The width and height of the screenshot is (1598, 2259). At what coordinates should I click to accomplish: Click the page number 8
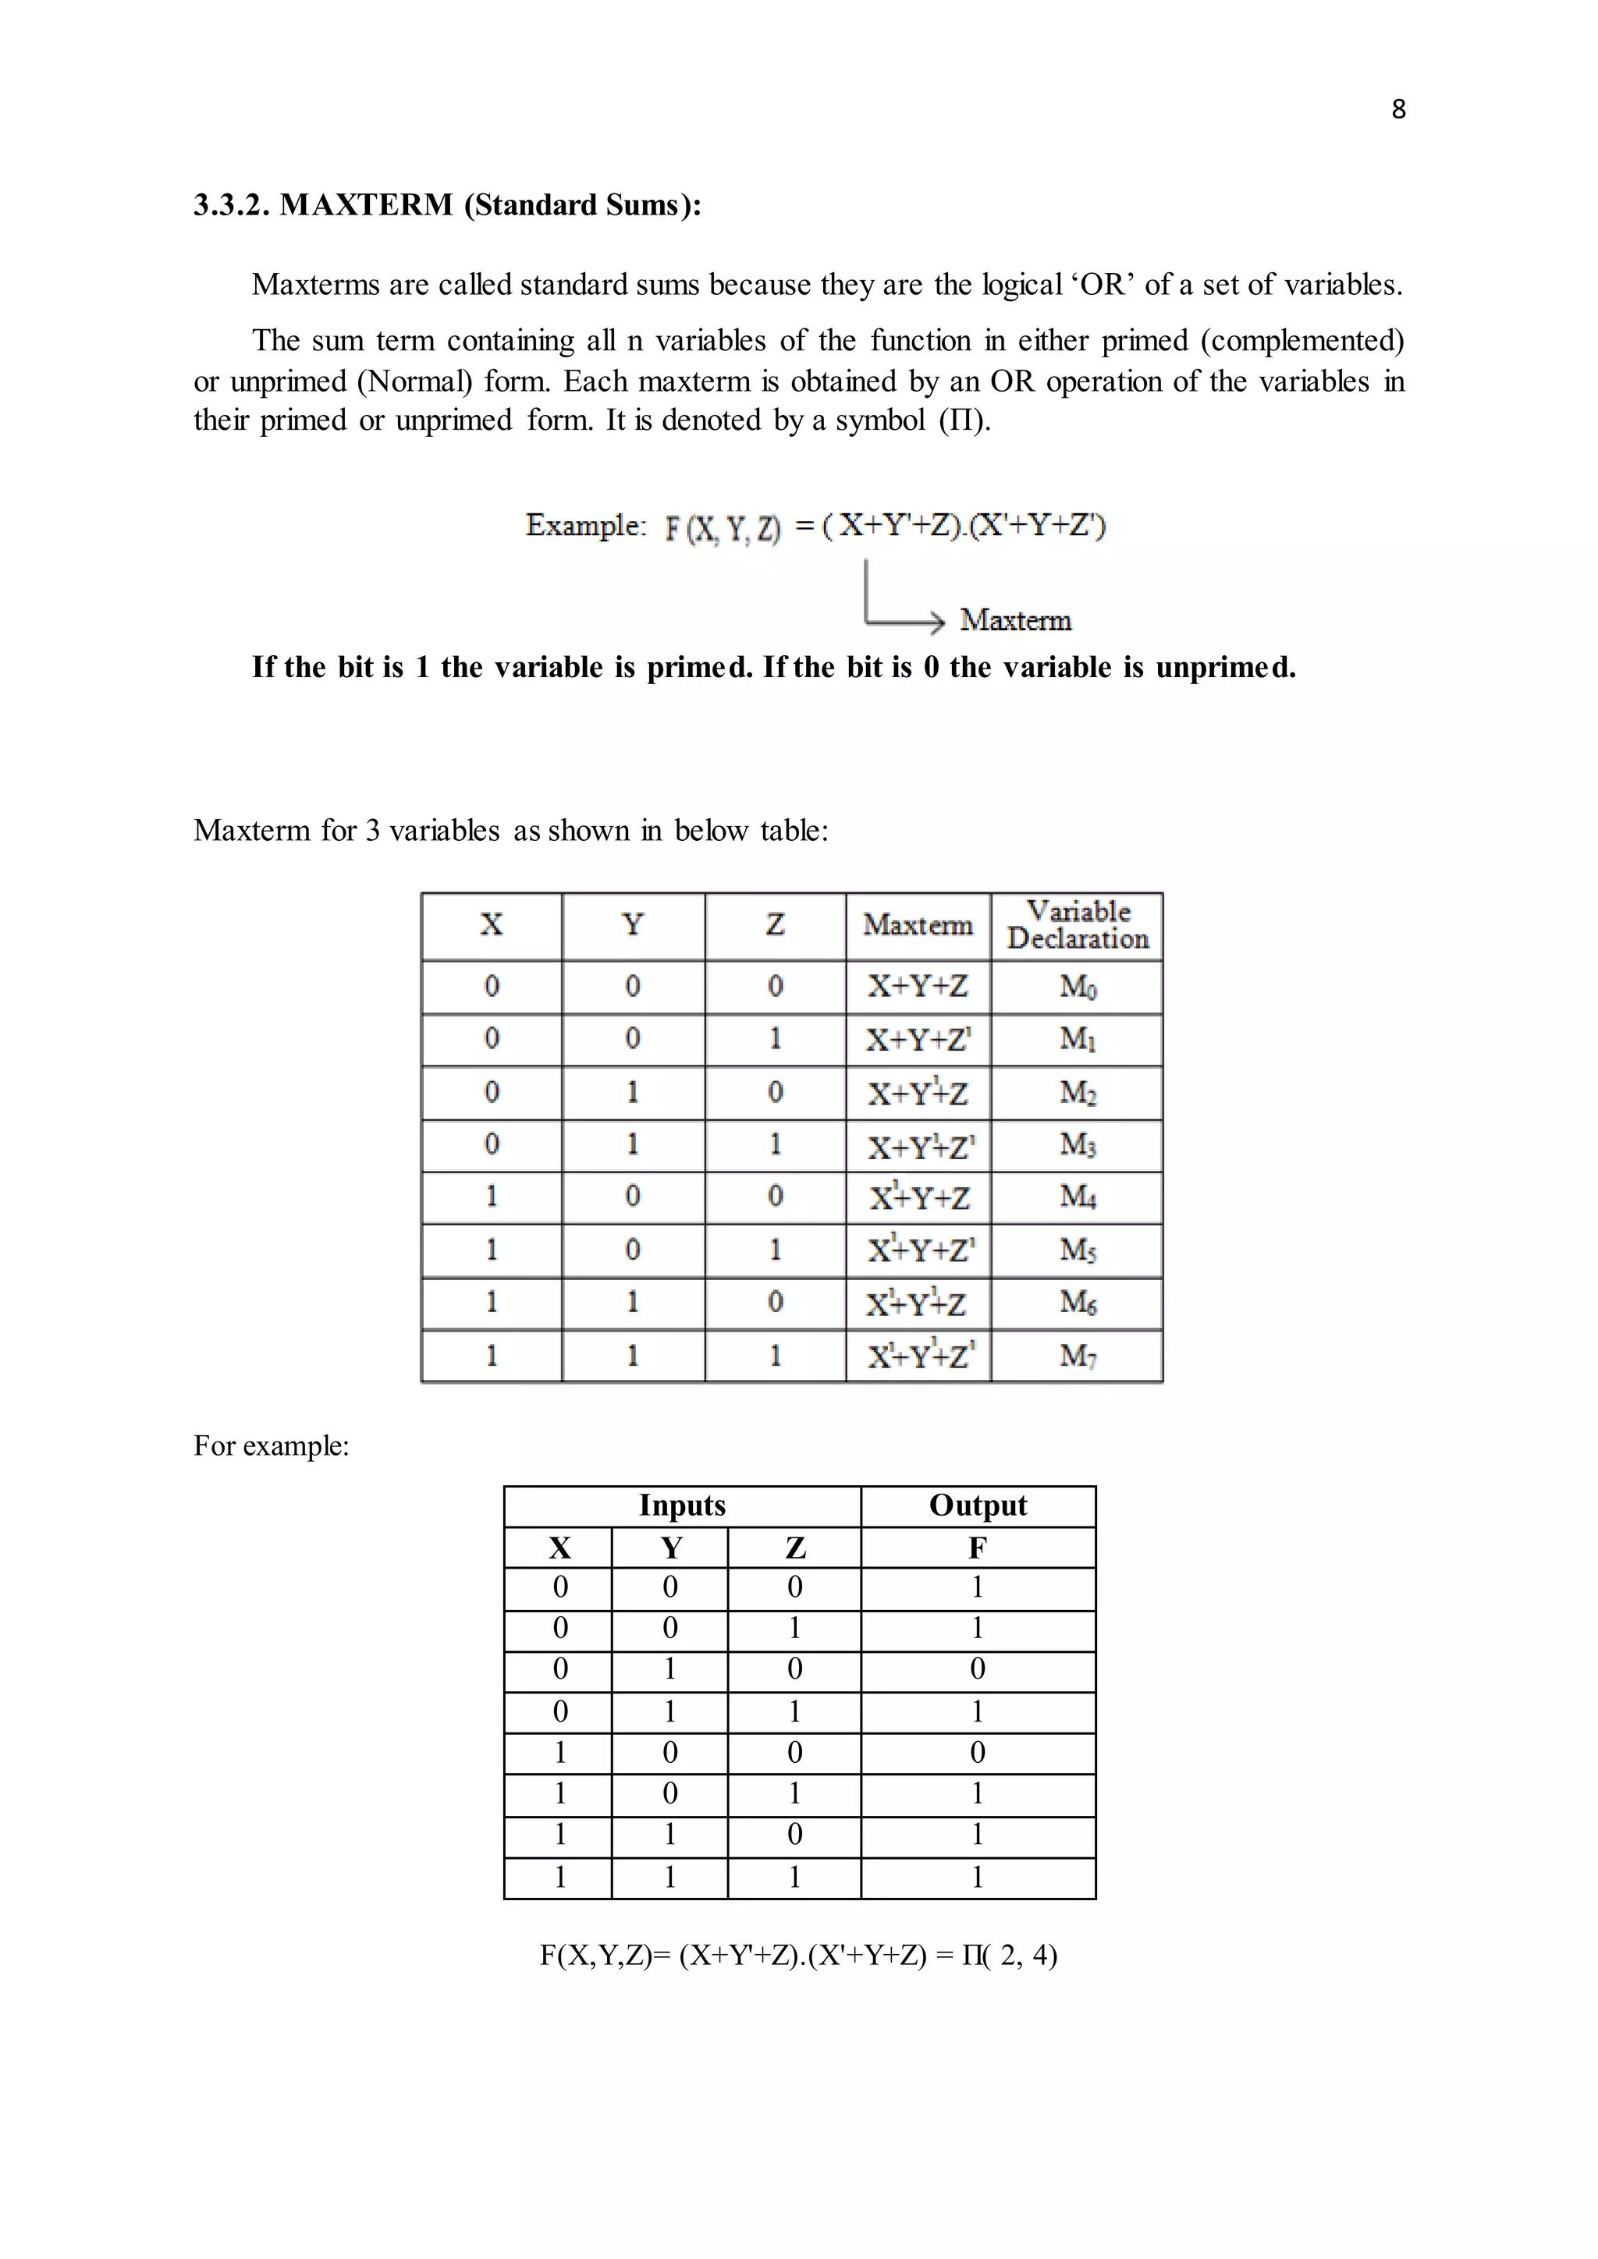(x=1398, y=109)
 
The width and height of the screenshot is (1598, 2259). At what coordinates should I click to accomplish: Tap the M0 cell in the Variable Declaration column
(x=1078, y=987)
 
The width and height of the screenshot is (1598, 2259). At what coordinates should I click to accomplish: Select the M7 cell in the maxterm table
(x=1078, y=1356)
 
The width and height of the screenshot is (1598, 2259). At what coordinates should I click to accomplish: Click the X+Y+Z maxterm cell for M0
(x=917, y=987)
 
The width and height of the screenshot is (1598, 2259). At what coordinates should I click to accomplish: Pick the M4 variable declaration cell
(x=1078, y=1197)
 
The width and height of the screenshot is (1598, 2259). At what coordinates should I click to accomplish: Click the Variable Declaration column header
(x=1078, y=926)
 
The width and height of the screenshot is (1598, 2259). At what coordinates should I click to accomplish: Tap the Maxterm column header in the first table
(x=917, y=926)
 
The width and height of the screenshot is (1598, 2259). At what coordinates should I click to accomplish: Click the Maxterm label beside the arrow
(x=1015, y=621)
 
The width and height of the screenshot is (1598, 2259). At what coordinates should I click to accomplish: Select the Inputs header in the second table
(x=682, y=1505)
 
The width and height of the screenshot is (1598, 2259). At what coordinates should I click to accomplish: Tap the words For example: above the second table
(x=272, y=1445)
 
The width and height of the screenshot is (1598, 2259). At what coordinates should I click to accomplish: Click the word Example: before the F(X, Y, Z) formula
(x=585, y=526)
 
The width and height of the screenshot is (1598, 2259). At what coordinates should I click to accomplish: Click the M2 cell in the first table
(x=1078, y=1093)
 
